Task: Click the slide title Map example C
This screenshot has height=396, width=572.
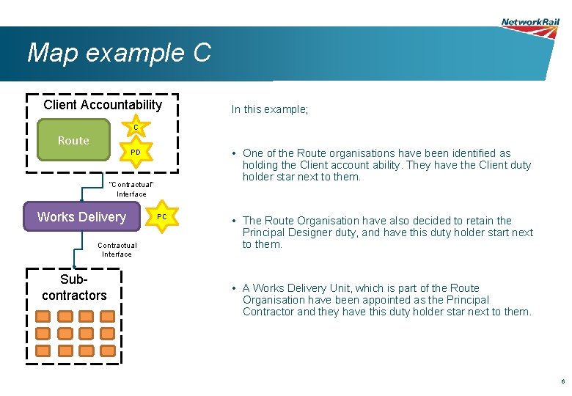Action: point(119,53)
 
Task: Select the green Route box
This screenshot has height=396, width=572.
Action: point(73,141)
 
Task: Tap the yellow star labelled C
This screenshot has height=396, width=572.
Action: point(135,128)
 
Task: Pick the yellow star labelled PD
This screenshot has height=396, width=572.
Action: point(135,153)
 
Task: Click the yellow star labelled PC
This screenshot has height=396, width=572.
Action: point(162,217)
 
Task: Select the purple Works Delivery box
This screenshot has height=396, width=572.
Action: point(81,217)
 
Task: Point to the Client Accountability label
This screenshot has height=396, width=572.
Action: point(103,105)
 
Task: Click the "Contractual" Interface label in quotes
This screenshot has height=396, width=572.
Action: point(131,188)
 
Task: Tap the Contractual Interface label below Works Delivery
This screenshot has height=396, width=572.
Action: point(117,249)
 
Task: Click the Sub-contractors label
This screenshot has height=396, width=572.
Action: point(74,288)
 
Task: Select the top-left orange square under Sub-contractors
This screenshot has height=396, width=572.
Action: point(43,316)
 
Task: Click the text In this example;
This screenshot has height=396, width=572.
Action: point(270,109)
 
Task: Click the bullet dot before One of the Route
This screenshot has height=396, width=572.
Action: point(232,153)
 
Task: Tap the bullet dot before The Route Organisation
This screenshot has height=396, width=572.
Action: point(232,221)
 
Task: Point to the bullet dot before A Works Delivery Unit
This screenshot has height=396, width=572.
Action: point(232,288)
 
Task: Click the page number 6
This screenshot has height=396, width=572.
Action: point(562,382)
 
